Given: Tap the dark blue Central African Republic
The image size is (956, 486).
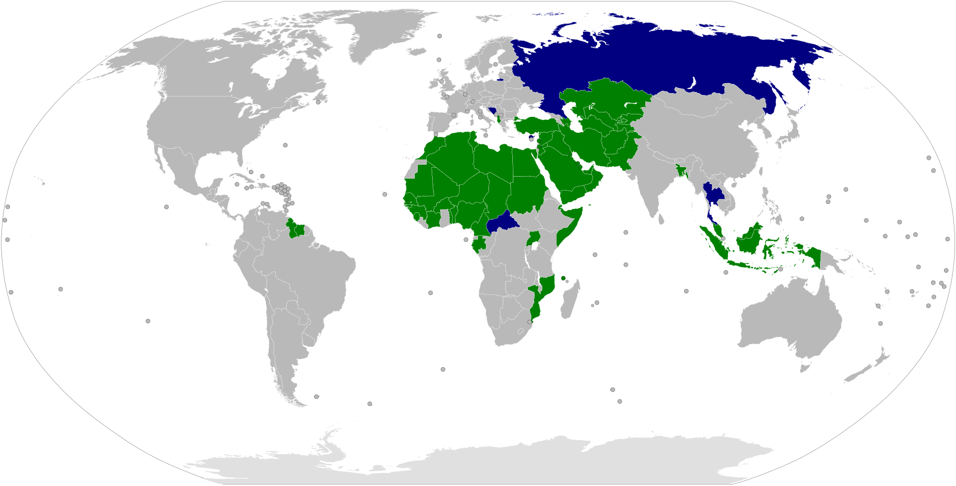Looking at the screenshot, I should [x=502, y=224].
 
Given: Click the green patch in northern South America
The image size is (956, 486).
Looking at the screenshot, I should [x=297, y=230].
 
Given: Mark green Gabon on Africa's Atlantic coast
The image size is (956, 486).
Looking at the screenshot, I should [x=479, y=245].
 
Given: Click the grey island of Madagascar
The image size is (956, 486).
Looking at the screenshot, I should [x=569, y=301].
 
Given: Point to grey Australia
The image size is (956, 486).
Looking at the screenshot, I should [x=792, y=318].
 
